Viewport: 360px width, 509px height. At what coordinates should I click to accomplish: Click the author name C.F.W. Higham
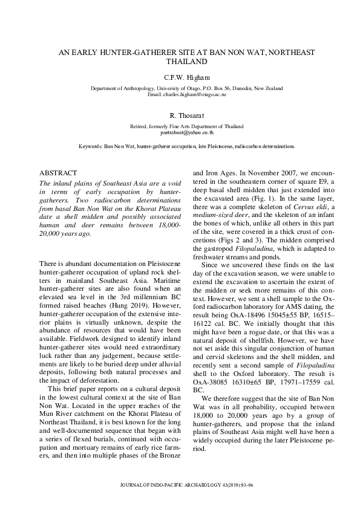click(x=186, y=77)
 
